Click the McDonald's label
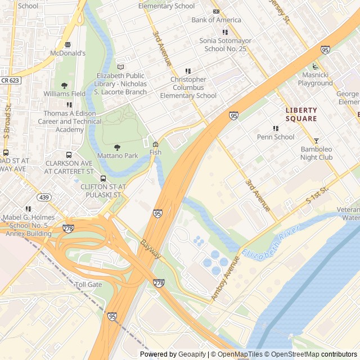click(x=67, y=53)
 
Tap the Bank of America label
click(x=216, y=20)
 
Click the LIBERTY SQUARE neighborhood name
click(x=301, y=114)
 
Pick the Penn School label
click(x=276, y=137)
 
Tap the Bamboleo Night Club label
click(x=316, y=153)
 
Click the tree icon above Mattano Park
click(x=117, y=147)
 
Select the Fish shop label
click(x=155, y=152)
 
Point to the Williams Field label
click(x=64, y=93)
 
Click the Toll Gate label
click(x=88, y=285)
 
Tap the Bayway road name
click(x=151, y=250)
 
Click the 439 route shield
click(x=44, y=197)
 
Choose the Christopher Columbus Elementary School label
click(x=188, y=87)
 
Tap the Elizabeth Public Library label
click(x=121, y=79)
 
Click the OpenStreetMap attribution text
click(x=292, y=354)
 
